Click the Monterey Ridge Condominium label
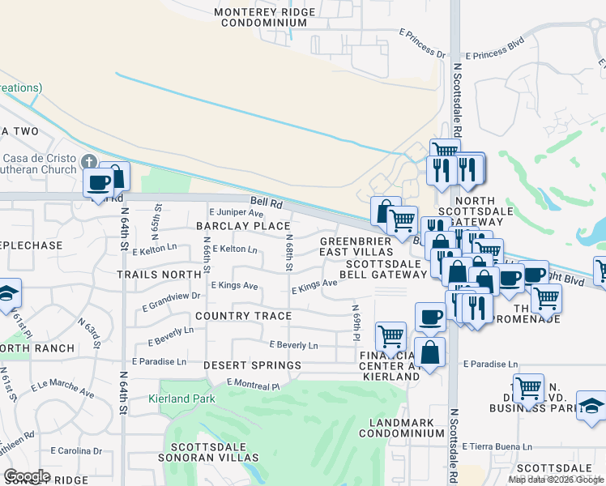tap(261, 17)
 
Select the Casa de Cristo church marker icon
tap(88, 162)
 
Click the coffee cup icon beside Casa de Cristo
tap(99, 183)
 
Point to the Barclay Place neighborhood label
tap(243, 226)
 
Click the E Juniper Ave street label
tap(236, 212)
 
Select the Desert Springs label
tap(252, 365)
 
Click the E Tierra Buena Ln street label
tap(497, 446)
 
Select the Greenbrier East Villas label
tap(356, 247)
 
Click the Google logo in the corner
tap(27, 476)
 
